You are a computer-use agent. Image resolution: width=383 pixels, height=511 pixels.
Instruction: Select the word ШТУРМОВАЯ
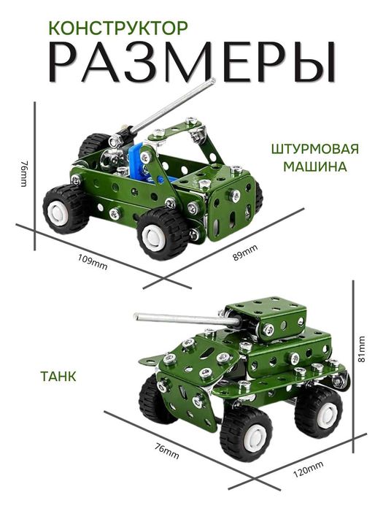pyautogui.click(x=314, y=150)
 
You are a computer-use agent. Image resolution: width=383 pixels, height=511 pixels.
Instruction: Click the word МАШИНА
pyautogui.click(x=316, y=166)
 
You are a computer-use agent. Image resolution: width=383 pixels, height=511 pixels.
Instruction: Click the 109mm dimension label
pyautogui.click(x=93, y=262)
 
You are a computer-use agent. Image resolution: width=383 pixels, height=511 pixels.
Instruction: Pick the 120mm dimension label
pyautogui.click(x=309, y=471)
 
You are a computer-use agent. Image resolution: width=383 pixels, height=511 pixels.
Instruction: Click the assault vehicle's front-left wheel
pyautogui.click(x=65, y=209)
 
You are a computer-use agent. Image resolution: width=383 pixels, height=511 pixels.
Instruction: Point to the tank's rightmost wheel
pyautogui.click(x=319, y=410)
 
